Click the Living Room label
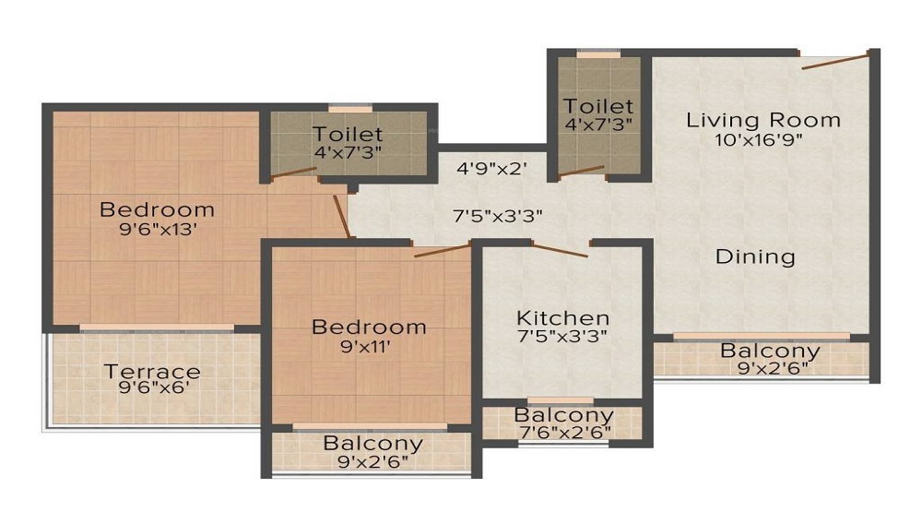coord(763,120)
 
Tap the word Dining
coord(756,256)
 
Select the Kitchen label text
coord(562,318)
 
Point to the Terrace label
coord(152,371)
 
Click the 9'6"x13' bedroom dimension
coord(158,229)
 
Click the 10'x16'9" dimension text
coord(759,139)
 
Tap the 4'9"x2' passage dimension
coord(491,170)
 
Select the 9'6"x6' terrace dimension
coord(154,387)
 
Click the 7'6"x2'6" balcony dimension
coord(565,432)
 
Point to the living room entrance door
coord(835,61)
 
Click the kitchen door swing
coord(560,249)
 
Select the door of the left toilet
coord(293,173)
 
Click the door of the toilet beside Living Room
coord(581,172)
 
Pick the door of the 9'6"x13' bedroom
coord(342,217)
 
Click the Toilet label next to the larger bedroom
coord(348,134)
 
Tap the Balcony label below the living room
coord(770,351)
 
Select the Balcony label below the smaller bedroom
coord(373,443)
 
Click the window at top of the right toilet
coord(598,54)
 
